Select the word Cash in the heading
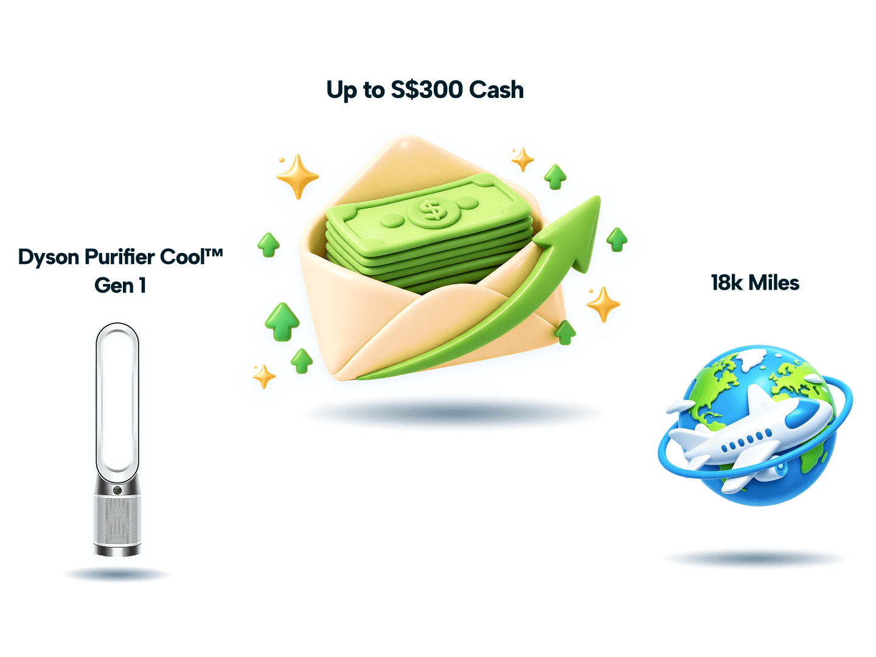point(496,89)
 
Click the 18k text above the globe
point(727,283)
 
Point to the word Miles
point(774,283)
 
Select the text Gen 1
point(120,286)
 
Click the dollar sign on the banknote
point(430,210)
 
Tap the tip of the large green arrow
point(599,196)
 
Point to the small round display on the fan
point(117,490)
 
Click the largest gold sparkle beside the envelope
point(297,176)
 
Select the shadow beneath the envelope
point(453,411)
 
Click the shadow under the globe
point(755,558)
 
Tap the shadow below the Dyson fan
point(117,574)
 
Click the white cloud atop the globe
point(750,359)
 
